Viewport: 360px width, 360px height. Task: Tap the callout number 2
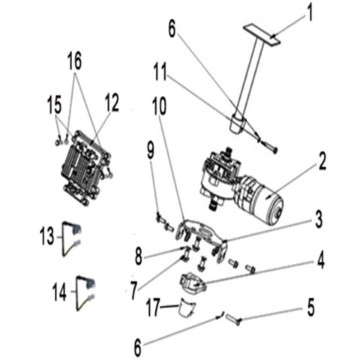point(322,161)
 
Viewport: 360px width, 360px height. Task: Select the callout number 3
point(319,220)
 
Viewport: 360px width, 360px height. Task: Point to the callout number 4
point(321,260)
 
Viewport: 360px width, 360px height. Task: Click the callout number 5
point(310,307)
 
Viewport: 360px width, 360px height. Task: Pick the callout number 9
point(151,150)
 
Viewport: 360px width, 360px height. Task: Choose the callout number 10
point(159,106)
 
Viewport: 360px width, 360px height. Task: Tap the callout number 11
point(160,72)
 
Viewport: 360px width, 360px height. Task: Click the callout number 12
point(112,103)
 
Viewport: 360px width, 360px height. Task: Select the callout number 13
point(46,236)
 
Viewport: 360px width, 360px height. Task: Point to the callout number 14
point(59,292)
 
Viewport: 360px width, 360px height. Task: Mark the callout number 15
point(54,105)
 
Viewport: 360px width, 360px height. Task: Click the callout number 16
point(74,61)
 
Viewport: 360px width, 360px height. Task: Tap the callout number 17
point(153,307)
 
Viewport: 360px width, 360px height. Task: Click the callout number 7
point(134,290)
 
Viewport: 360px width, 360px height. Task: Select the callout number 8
point(139,256)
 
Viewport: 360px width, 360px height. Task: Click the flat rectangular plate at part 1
point(261,34)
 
